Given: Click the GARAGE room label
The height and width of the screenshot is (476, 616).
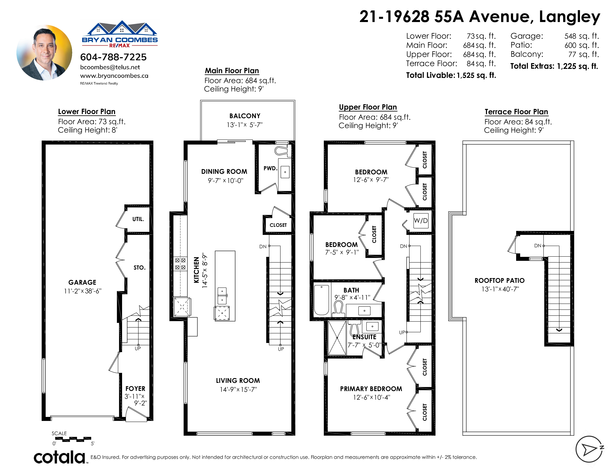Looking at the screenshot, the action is [x=82, y=282].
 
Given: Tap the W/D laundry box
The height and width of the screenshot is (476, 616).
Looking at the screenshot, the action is [x=421, y=220].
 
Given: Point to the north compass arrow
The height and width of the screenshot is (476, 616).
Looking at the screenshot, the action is [x=590, y=449].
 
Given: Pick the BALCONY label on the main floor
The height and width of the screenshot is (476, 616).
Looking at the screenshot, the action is [x=245, y=116].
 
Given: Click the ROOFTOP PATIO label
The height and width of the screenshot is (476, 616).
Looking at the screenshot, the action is [x=500, y=281].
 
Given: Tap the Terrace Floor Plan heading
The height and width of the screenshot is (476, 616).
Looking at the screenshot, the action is [x=516, y=112].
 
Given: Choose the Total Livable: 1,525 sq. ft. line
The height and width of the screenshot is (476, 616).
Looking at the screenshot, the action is [x=451, y=75].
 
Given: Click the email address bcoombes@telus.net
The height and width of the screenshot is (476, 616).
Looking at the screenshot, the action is [x=110, y=67].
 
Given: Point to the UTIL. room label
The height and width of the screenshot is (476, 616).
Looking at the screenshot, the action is [x=138, y=219].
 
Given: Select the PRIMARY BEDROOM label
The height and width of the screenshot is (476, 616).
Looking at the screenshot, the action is [x=371, y=389].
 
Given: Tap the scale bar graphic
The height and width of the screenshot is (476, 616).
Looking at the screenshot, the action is [x=73, y=439].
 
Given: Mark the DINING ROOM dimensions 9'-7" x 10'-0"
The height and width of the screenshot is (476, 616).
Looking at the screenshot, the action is [x=225, y=181].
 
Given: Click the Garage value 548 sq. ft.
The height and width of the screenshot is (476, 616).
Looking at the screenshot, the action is [x=582, y=36].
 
